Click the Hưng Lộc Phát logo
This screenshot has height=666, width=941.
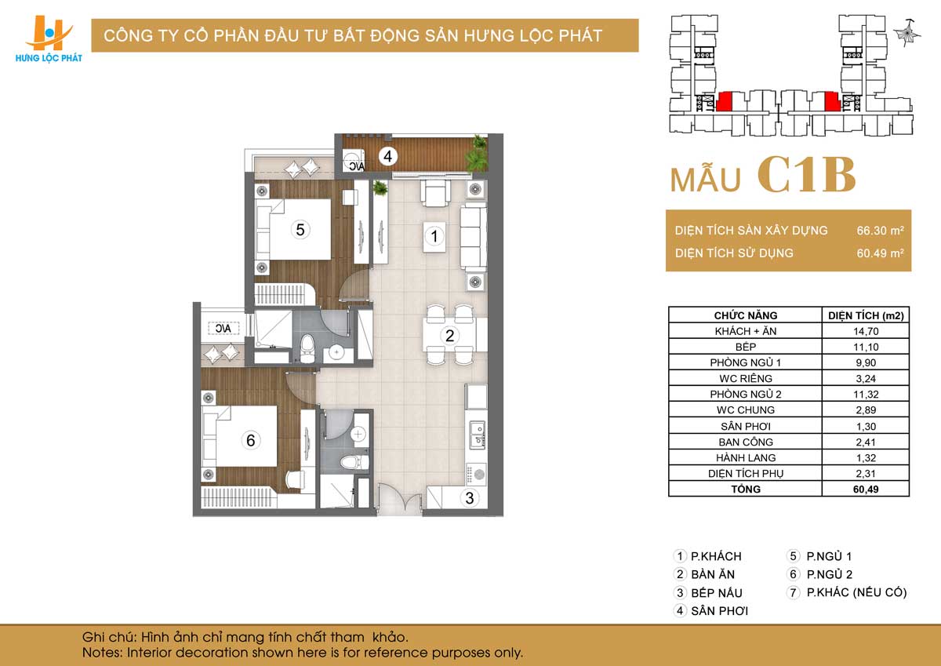49,39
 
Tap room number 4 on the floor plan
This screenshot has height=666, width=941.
387,156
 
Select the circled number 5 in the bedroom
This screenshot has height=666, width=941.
300,229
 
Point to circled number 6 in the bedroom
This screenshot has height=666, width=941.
250,440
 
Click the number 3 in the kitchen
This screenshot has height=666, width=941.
469,498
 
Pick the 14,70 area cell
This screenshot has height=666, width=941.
866,331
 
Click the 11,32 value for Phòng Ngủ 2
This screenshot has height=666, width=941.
866,394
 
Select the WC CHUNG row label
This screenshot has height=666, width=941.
746,410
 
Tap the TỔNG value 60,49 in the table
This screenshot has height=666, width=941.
866,489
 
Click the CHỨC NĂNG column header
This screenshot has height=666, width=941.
746,315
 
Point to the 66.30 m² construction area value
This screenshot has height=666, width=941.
880,231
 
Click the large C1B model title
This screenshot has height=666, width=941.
807,176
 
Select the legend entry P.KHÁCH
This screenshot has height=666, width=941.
716,556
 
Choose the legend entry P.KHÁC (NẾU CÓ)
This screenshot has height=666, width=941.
856,592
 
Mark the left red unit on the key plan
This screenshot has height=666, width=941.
725,102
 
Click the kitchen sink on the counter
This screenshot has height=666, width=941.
478,435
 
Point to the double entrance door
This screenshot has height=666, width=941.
399,500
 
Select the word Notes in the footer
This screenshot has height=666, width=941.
101,653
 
